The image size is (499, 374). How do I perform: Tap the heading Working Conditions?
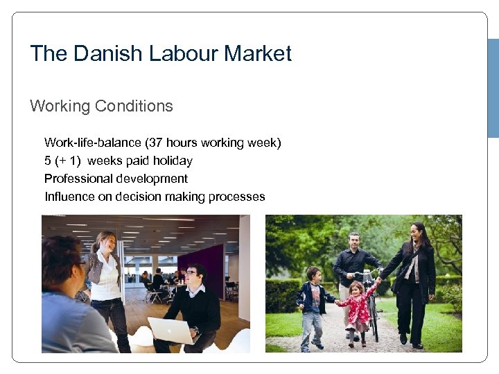tap(101, 106)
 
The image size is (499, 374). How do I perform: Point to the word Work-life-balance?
tap(93, 143)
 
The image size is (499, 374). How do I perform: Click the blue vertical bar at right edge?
tap(493, 88)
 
